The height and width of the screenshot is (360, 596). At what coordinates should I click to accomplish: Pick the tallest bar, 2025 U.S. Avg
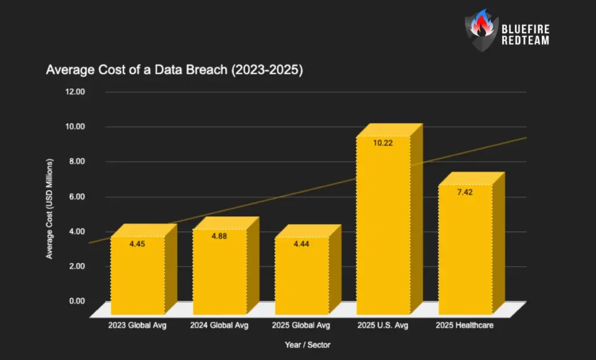(383, 227)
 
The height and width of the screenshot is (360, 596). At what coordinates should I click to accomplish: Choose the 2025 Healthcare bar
(465, 250)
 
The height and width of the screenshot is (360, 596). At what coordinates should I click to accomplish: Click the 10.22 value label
(383, 143)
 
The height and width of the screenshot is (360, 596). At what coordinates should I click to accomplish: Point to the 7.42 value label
(464, 192)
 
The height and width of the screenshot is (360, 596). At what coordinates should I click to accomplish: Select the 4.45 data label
(137, 244)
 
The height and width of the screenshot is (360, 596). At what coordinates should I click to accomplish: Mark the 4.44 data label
(301, 244)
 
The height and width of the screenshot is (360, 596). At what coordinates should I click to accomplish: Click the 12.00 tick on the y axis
(76, 91)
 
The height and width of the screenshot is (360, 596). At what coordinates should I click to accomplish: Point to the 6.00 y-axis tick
(76, 196)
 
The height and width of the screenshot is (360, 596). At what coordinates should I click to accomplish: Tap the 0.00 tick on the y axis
(76, 301)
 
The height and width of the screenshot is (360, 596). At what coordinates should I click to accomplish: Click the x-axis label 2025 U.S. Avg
(383, 325)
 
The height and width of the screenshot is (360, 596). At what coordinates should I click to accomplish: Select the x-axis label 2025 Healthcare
(464, 325)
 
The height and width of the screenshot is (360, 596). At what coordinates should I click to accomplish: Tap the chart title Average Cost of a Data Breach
(175, 70)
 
